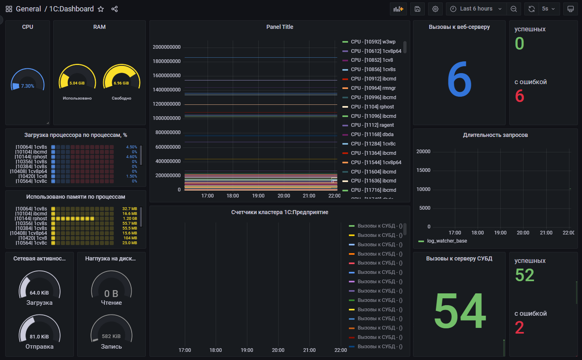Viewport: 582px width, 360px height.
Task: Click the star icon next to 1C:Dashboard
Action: pos(101,9)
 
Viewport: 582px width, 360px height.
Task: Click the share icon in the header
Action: pos(115,9)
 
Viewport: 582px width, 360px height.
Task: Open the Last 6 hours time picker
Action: pos(476,9)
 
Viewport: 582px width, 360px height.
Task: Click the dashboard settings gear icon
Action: pos(435,9)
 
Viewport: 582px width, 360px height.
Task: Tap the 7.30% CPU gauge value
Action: pos(28,86)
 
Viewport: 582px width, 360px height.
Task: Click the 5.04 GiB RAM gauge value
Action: pos(77,83)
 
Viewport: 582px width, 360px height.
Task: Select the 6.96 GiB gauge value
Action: pos(121,83)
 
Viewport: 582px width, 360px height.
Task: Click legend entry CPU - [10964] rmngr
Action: pos(373,88)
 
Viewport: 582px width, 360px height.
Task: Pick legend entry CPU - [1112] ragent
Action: pos(372,125)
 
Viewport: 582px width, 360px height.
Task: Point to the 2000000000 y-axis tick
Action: pos(167,47)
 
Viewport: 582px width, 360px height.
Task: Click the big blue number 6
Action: pos(459,80)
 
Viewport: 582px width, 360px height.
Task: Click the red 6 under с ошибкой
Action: pos(520,96)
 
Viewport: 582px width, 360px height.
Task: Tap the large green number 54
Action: pos(460,311)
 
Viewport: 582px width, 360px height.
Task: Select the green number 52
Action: pos(525,275)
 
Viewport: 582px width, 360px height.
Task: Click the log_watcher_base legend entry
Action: pos(447,241)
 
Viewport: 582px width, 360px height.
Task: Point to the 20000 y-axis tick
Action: pos(423,152)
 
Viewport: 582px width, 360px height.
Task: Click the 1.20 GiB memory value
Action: pos(130,219)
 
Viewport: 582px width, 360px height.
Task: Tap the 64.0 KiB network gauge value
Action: pos(39,293)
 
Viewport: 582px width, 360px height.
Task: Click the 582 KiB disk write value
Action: pos(111,336)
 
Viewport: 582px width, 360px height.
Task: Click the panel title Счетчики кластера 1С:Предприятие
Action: pos(279,212)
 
